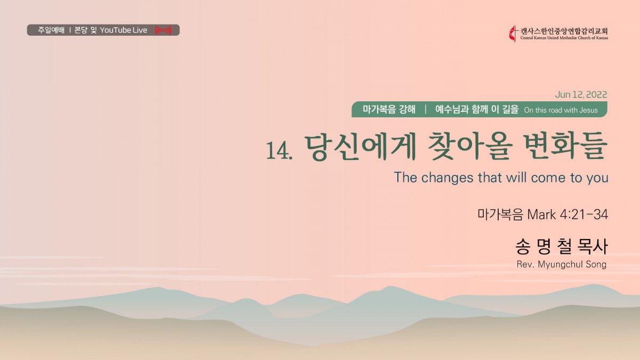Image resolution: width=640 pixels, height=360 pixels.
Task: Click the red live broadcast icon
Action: pyautogui.click(x=163, y=30)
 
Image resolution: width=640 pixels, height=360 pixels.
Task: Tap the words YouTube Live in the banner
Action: pyautogui.click(x=123, y=30)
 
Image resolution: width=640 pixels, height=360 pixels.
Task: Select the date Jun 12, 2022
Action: pyautogui.click(x=581, y=94)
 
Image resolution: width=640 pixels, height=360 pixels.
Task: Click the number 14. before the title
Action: pyautogui.click(x=279, y=150)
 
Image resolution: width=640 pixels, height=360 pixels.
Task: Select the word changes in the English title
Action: pyautogui.click(x=447, y=178)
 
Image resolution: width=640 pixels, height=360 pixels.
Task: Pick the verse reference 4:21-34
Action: pyautogui.click(x=584, y=214)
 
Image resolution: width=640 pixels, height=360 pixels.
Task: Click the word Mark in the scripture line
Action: pyautogui.click(x=541, y=214)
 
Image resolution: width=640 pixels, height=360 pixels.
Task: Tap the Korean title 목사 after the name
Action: pyautogui.click(x=592, y=246)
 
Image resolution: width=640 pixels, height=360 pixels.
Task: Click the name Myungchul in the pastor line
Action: pyautogui.click(x=560, y=265)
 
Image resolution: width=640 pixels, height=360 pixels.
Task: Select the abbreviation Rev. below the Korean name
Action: pyautogui.click(x=525, y=265)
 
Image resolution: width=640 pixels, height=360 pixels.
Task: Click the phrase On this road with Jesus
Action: pyautogui.click(x=561, y=110)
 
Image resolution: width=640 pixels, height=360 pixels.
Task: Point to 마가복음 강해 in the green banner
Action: pyautogui.click(x=389, y=109)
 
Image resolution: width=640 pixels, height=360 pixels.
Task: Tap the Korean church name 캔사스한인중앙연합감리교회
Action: pyautogui.click(x=564, y=31)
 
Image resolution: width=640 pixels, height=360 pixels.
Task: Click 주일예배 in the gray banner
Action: pyautogui.click(x=51, y=30)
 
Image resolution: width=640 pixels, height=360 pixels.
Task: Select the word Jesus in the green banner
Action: pyautogui.click(x=588, y=110)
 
